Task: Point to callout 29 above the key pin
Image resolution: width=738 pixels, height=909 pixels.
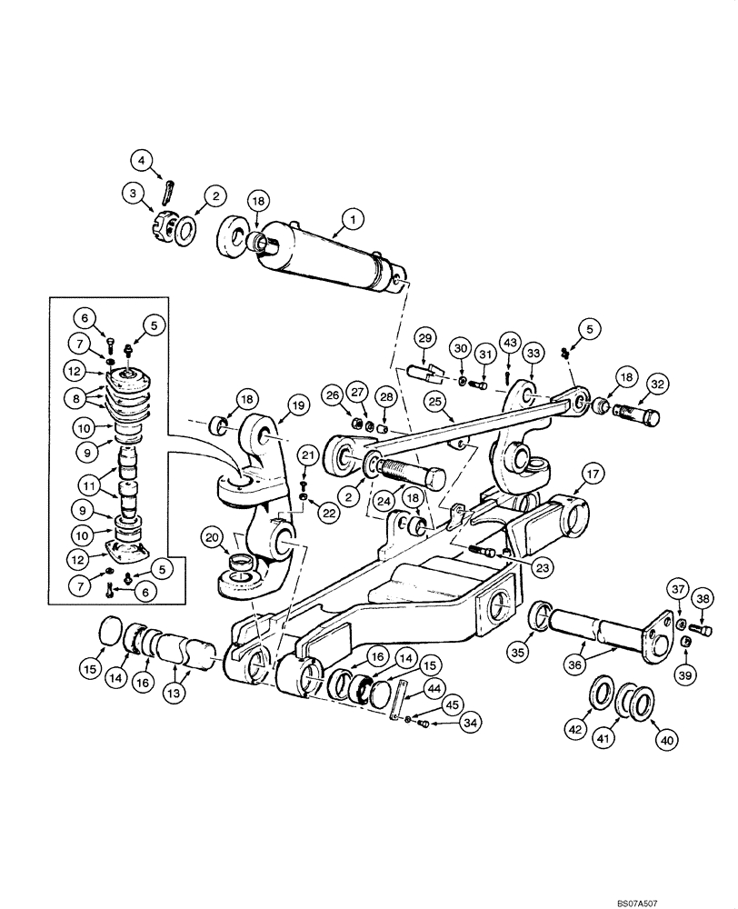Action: point(424,339)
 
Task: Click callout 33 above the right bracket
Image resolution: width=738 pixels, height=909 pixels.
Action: point(533,353)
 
